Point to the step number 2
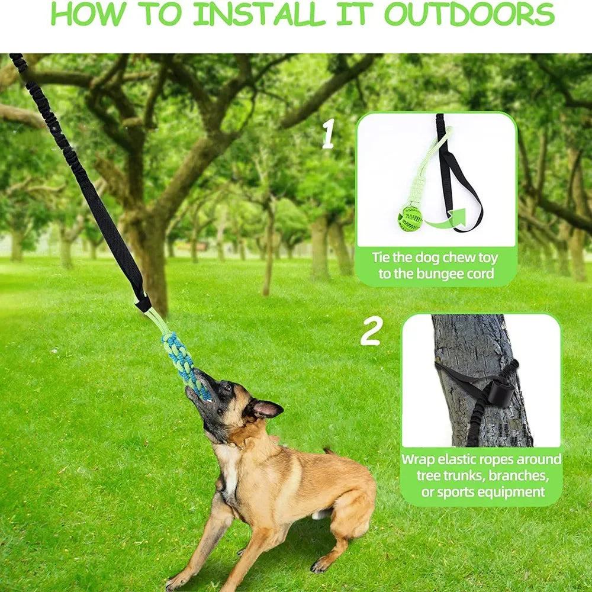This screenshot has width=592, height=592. (x=371, y=333)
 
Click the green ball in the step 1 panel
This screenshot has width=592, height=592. (x=410, y=218)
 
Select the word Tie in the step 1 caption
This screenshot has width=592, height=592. (x=383, y=258)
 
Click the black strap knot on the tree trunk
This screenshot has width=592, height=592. (x=500, y=392)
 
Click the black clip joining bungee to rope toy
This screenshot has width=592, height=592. (x=143, y=304)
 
